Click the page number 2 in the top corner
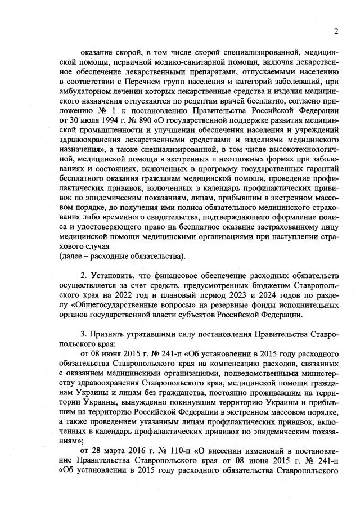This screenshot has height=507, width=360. pos(336,30)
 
